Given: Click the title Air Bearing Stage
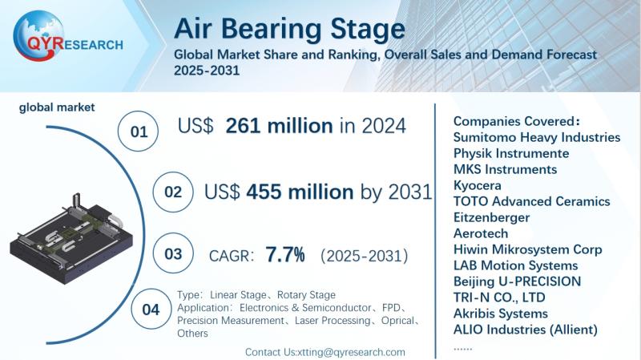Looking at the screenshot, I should (x=289, y=29).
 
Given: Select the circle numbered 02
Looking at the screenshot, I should (x=172, y=192).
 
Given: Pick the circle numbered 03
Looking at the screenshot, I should (x=172, y=255).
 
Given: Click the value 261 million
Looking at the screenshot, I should (x=279, y=126).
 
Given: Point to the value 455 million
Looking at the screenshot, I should (x=300, y=192).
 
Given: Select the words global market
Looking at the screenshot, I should (x=57, y=107).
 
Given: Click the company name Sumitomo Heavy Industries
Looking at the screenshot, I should (x=536, y=137).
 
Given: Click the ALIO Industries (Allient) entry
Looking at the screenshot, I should (x=525, y=330).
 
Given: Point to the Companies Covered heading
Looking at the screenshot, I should (x=516, y=121).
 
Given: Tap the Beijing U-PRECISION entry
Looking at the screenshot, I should (x=517, y=281).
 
